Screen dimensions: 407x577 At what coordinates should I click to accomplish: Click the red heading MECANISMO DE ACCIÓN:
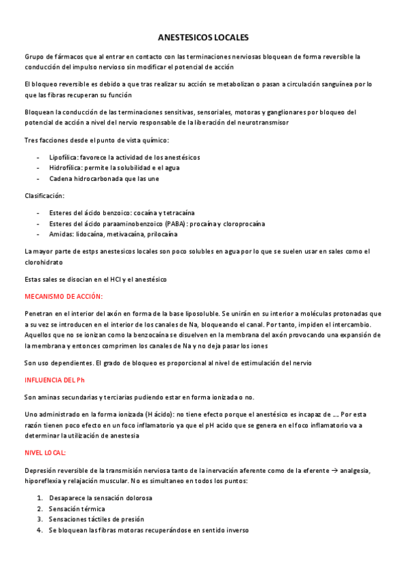(x=63, y=297)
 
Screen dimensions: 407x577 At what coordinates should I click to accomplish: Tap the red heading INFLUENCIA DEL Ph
(x=55, y=380)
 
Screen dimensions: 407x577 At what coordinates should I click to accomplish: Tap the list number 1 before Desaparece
(x=39, y=497)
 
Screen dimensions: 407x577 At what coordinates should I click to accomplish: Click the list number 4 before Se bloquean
(x=39, y=529)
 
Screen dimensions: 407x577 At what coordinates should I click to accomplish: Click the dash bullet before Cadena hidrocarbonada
(x=39, y=178)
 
